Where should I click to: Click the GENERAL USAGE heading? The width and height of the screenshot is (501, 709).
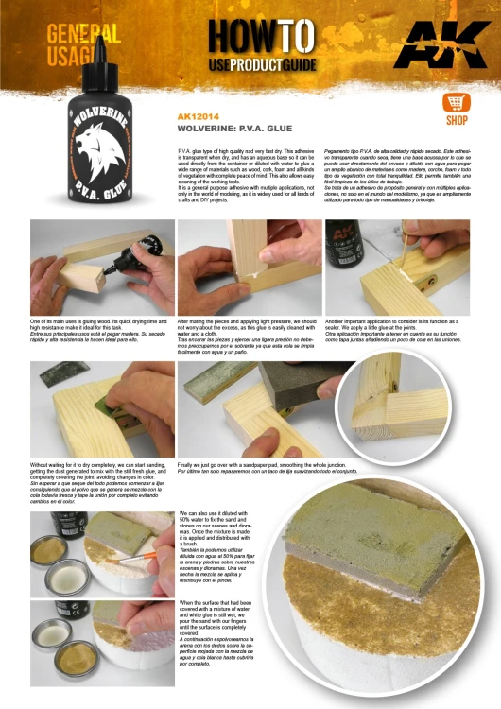coord(82,45)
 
